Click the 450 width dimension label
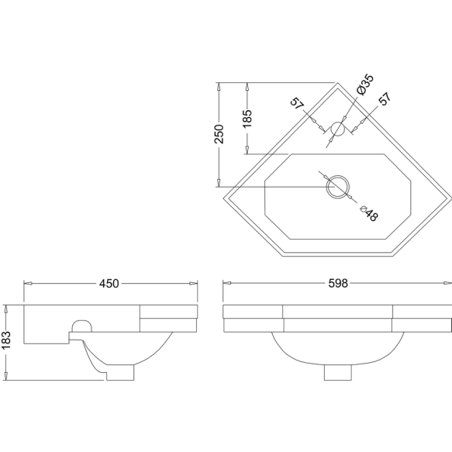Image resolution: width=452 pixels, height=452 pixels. coord(109,284)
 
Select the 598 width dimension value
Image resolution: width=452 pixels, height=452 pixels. coord(338,283)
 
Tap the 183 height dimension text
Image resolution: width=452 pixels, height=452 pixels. coord(6,340)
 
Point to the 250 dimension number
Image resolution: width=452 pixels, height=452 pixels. coord(219,134)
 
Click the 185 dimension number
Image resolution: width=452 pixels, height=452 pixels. coord(247,119)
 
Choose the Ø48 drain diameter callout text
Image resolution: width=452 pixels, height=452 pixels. coord(369,213)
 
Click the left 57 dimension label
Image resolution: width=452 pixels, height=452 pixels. coord(297,104)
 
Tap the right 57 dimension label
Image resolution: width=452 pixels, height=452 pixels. coord(385,98)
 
